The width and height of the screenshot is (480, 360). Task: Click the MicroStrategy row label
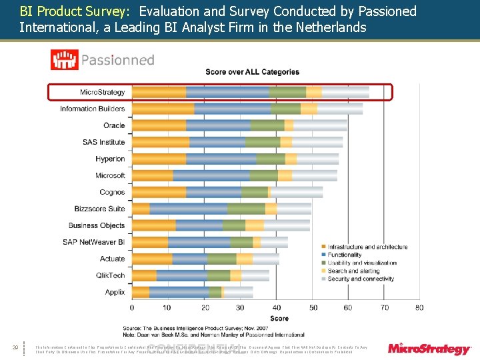102,92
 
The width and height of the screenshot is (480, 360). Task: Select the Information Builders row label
92,109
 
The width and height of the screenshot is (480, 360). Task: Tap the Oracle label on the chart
114,125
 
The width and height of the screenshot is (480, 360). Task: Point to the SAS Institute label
103,142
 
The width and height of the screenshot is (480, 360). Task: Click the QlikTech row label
110,275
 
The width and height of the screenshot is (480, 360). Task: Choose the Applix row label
115,292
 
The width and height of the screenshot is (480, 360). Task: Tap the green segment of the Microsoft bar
264,175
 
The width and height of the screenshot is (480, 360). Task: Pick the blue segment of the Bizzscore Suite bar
188,209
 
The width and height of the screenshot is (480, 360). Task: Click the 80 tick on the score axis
419,307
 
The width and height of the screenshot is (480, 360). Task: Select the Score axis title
279,319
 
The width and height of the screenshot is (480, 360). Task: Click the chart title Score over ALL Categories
252,72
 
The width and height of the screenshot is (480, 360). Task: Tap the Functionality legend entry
345,255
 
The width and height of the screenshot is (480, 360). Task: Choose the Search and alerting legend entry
353,271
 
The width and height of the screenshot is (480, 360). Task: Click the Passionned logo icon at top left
64,60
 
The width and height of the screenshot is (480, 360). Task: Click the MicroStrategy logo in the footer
430,348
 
